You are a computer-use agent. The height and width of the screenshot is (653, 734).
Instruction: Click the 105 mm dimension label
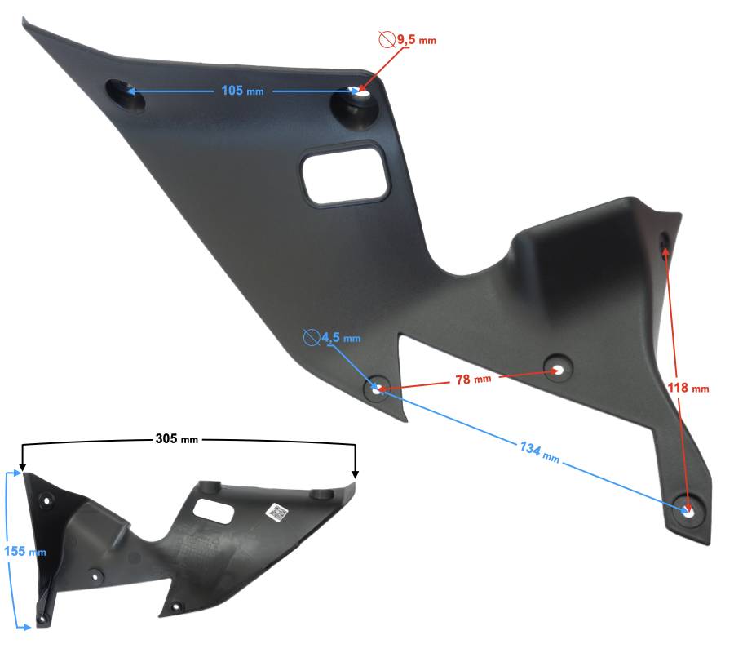[242, 90]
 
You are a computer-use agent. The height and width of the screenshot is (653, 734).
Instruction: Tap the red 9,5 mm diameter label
[417, 40]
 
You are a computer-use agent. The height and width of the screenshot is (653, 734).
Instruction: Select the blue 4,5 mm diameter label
[341, 337]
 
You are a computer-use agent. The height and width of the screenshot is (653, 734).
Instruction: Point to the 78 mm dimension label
[474, 379]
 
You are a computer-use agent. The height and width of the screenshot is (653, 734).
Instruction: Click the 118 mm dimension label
[688, 388]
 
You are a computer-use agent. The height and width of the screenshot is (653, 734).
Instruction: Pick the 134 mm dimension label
[540, 451]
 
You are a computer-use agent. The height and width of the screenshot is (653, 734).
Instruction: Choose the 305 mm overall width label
[176, 439]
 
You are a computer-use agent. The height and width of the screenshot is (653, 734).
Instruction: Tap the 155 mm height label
[24, 551]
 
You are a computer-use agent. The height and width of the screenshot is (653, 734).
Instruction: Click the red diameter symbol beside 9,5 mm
[387, 39]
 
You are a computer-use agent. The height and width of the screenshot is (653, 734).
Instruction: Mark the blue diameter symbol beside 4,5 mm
[311, 337]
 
